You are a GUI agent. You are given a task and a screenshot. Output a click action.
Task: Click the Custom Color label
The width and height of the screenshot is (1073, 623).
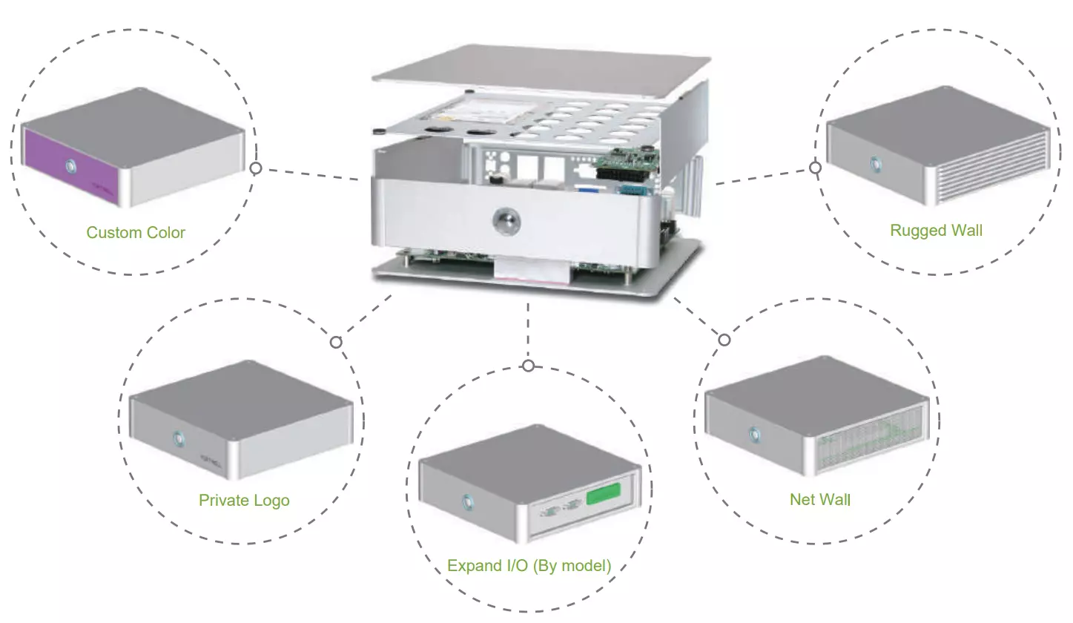(x=136, y=233)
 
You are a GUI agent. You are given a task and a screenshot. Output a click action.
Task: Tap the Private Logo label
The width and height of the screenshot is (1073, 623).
(x=244, y=501)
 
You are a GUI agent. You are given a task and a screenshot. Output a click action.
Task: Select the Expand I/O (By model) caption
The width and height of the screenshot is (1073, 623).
(x=529, y=567)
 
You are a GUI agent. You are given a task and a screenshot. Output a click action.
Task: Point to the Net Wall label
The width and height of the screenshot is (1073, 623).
(x=820, y=500)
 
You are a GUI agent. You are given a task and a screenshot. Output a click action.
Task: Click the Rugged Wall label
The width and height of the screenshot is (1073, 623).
(x=937, y=231)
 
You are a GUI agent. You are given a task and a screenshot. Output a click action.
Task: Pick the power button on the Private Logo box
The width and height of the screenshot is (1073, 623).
(x=179, y=438)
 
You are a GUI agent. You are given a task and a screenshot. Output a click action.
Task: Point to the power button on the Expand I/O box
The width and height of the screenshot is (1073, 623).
(x=468, y=501)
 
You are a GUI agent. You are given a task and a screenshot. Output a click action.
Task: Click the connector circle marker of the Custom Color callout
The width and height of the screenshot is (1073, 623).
(x=256, y=168)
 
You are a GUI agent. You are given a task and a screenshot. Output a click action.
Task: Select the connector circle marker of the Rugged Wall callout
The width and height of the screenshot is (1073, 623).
(x=815, y=168)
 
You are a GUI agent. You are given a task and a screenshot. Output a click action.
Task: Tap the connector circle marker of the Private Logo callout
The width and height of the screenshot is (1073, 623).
(x=336, y=342)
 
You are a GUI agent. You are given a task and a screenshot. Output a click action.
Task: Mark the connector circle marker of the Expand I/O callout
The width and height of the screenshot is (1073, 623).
(x=528, y=366)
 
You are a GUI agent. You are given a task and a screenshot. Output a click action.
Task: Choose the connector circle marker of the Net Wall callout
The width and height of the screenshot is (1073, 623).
(x=724, y=340)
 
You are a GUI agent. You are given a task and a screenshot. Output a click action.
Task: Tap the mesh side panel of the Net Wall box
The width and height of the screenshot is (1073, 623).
(x=867, y=441)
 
